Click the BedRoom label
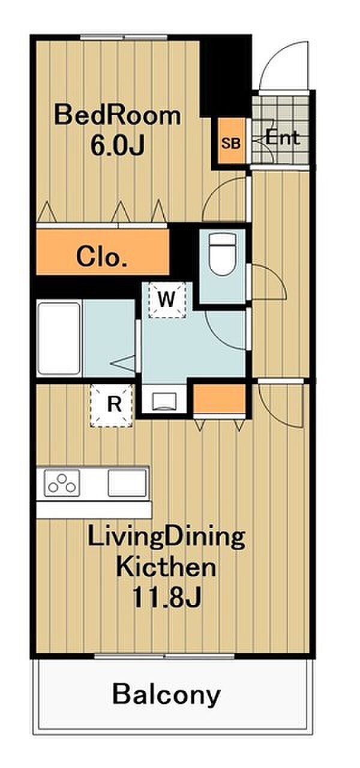pos(118,116)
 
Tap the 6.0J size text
pos(117,145)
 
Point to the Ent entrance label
pos(283,138)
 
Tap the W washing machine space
pos(167,299)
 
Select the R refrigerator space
pos(112,406)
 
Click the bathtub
pos(59,338)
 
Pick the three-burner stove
pos(62,483)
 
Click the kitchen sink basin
pos(127,483)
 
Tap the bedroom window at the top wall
pos(124,37)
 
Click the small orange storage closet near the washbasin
pos(220,399)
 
